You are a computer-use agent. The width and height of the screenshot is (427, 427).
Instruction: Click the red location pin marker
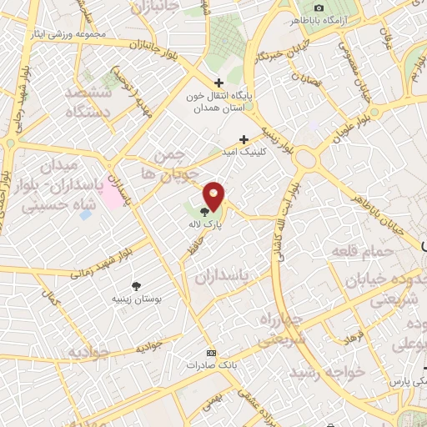[x=215, y=196]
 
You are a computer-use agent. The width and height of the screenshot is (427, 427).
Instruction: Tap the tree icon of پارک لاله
[x=205, y=212]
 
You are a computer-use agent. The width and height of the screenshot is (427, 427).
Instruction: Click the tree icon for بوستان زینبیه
[x=138, y=284]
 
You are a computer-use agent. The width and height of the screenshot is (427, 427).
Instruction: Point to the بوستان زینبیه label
[x=138, y=298]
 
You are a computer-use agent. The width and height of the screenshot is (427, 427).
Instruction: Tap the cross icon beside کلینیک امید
[x=244, y=139]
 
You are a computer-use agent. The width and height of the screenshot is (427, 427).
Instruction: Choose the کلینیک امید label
[x=242, y=153]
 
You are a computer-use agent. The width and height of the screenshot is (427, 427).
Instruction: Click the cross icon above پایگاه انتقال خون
[x=219, y=83]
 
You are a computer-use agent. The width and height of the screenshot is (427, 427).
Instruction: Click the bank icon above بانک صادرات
[x=210, y=353]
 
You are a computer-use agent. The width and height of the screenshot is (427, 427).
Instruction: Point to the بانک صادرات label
[x=208, y=365]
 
